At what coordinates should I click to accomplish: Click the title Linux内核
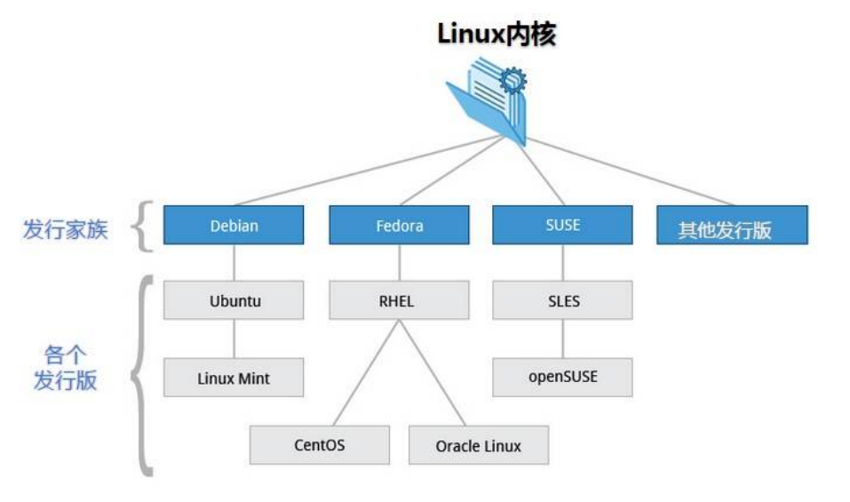tap(496, 33)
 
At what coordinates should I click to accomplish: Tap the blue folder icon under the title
tap(487, 100)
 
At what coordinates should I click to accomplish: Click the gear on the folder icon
tap(513, 82)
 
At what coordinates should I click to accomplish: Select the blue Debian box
tap(234, 226)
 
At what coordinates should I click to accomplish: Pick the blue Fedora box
tap(399, 226)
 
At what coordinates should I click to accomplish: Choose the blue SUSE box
tap(562, 225)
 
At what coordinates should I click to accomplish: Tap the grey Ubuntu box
tap(234, 300)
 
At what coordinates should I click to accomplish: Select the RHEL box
tap(399, 300)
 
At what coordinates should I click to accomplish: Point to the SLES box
tap(562, 300)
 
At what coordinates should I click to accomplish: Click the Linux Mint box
tap(234, 378)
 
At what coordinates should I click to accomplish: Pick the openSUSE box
tap(562, 377)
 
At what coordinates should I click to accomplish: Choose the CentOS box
tap(319, 444)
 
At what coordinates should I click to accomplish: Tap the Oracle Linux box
tap(478, 444)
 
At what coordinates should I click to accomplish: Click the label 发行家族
tap(65, 229)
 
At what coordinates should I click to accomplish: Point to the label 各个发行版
tap(65, 367)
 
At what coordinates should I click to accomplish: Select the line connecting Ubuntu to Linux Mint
tap(234, 339)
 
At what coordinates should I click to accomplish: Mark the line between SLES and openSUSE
tap(562, 339)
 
